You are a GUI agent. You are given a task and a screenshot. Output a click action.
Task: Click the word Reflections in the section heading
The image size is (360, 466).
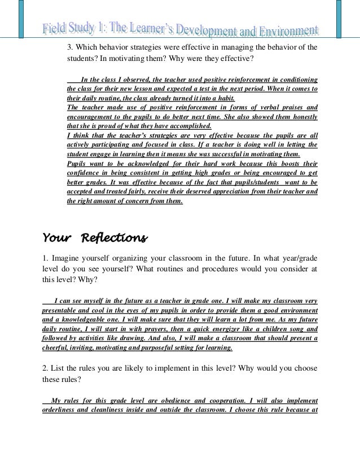[115, 237]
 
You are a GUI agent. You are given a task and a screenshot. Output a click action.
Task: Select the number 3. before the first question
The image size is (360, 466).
[71, 47]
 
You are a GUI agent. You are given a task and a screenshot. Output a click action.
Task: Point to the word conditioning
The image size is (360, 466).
[298, 80]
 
